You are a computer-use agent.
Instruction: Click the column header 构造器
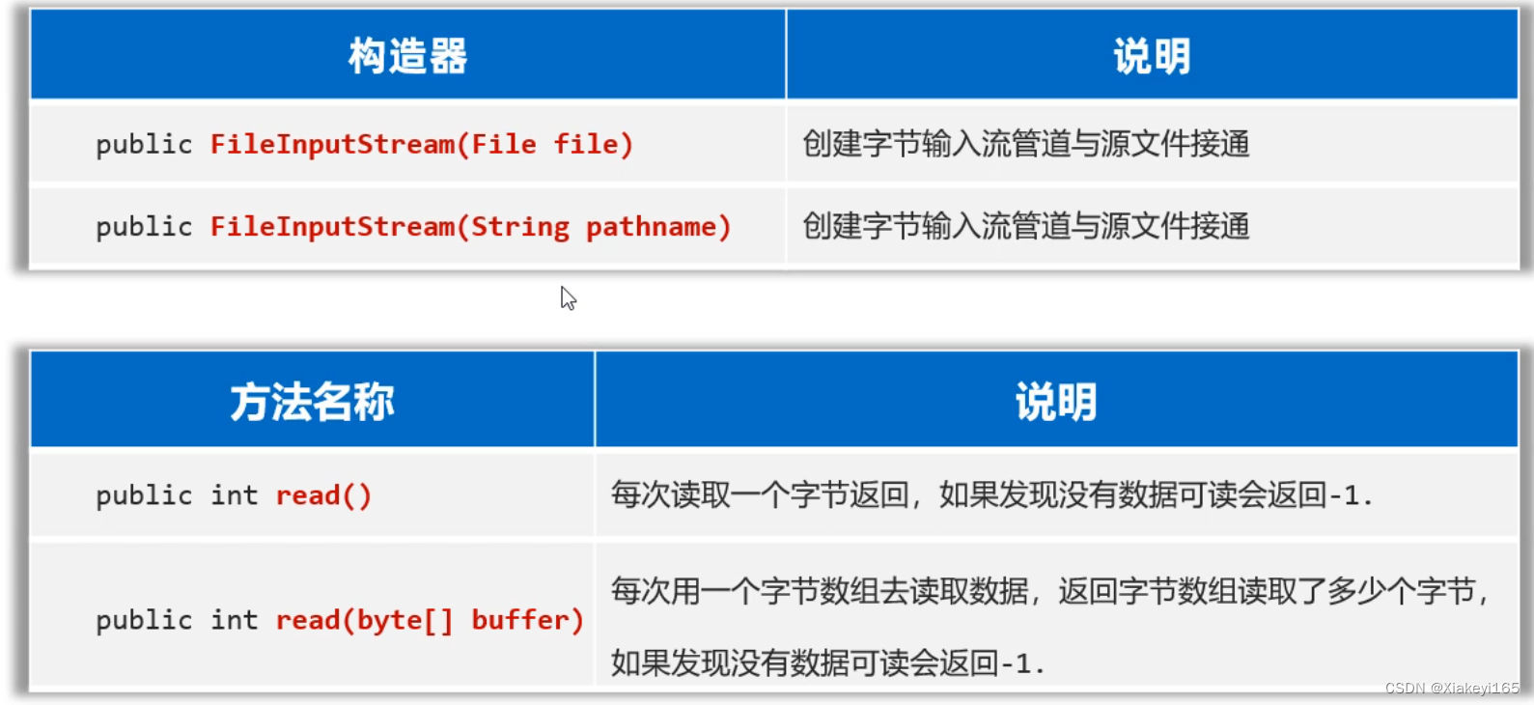(x=407, y=56)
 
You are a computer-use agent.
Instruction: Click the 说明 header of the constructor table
(x=1152, y=56)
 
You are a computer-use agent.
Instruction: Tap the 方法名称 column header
(x=312, y=402)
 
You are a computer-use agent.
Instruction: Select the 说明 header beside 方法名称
(x=1055, y=402)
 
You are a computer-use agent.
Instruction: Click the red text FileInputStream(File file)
(x=421, y=145)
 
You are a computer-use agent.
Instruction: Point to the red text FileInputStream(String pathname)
(x=470, y=227)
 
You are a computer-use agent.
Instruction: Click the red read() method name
(x=323, y=495)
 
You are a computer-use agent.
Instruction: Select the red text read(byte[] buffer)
(x=430, y=620)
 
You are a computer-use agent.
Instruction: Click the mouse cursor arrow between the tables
(x=568, y=298)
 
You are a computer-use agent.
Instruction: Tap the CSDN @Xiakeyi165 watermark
(x=1451, y=688)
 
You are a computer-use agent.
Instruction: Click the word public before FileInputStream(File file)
(x=144, y=145)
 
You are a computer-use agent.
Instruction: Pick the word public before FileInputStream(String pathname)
(x=144, y=227)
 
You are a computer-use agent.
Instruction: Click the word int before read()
(x=235, y=495)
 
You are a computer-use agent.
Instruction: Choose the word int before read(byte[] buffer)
(x=235, y=620)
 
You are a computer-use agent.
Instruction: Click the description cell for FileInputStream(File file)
(x=1025, y=145)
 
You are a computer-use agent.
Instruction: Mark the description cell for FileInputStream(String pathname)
(x=1025, y=227)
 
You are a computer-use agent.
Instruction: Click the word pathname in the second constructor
(x=651, y=227)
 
